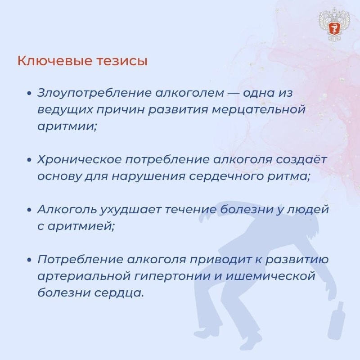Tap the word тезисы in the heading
(121, 61)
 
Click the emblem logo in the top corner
(334, 26)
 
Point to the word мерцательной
(258, 110)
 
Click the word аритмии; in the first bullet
(67, 126)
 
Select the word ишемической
(270, 276)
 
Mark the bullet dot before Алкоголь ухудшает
(29, 210)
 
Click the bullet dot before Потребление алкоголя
(29, 260)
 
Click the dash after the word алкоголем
(234, 94)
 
